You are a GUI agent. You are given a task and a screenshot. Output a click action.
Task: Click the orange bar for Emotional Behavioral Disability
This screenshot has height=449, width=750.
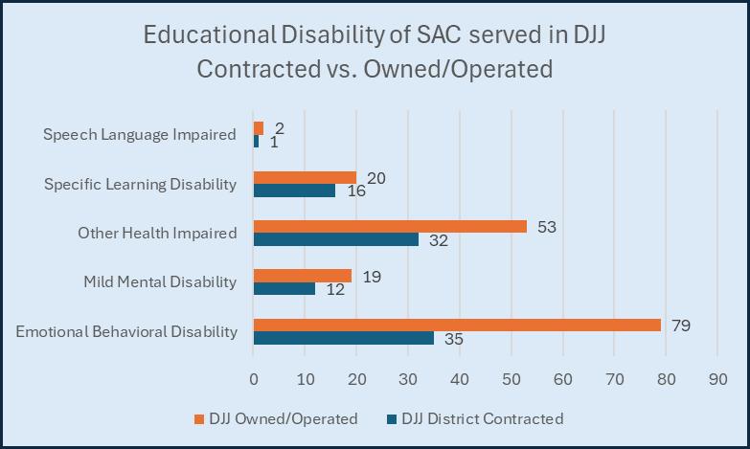coord(457,326)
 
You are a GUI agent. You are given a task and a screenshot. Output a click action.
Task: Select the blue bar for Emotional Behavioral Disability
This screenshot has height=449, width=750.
coord(343,338)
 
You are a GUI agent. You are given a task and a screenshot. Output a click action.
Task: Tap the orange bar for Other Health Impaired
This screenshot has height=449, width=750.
coord(390,227)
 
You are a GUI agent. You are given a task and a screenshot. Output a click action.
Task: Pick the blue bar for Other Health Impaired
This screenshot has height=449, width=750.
coord(335,239)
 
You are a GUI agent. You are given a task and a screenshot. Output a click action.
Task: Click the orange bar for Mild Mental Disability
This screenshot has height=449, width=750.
coord(302,276)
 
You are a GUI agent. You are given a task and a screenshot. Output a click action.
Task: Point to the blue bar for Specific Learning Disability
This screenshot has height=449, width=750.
coord(294,191)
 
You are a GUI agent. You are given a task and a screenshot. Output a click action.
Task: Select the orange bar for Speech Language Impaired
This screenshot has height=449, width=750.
coord(258,128)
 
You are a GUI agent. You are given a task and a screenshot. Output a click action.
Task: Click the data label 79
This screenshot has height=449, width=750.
coord(680,326)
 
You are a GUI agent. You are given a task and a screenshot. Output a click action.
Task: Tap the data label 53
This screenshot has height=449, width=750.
coord(546,227)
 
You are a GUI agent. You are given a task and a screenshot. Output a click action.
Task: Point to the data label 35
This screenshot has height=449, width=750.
coord(453,339)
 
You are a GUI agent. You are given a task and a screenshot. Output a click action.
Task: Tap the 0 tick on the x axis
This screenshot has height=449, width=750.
coord(253,377)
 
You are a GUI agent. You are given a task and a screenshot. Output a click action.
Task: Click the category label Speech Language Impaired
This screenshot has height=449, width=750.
coord(140,134)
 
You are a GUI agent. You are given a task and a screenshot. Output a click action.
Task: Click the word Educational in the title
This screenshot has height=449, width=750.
coord(202,36)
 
